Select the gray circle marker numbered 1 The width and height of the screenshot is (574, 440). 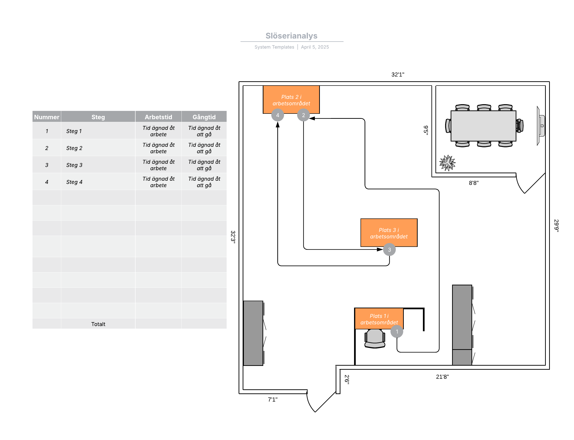pyautogui.click(x=397, y=331)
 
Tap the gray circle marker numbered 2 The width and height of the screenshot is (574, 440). pyautogui.click(x=303, y=115)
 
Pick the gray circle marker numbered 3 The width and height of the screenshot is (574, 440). pyautogui.click(x=389, y=250)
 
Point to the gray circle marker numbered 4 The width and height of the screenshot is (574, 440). pyautogui.click(x=278, y=115)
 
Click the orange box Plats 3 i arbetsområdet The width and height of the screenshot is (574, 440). pyautogui.click(x=388, y=233)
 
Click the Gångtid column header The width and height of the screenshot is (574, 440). pyautogui.click(x=204, y=117)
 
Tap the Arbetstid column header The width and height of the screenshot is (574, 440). pyautogui.click(x=158, y=117)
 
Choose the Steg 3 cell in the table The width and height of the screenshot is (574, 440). pyautogui.click(x=74, y=165)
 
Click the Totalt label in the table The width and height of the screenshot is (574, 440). pyautogui.click(x=98, y=324)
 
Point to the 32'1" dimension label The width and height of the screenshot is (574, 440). pyautogui.click(x=397, y=75)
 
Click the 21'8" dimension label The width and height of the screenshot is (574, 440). pyautogui.click(x=442, y=377)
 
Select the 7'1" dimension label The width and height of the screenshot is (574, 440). pyautogui.click(x=273, y=399)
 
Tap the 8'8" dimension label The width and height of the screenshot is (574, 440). pyautogui.click(x=473, y=183)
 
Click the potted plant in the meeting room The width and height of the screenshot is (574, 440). pyautogui.click(x=447, y=163)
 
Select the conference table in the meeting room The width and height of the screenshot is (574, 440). pyautogui.click(x=483, y=126)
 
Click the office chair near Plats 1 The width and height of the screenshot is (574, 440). pyautogui.click(x=375, y=338)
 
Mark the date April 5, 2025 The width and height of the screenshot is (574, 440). pyautogui.click(x=315, y=47)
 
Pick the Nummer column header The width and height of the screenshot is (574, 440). pyautogui.click(x=47, y=117)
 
